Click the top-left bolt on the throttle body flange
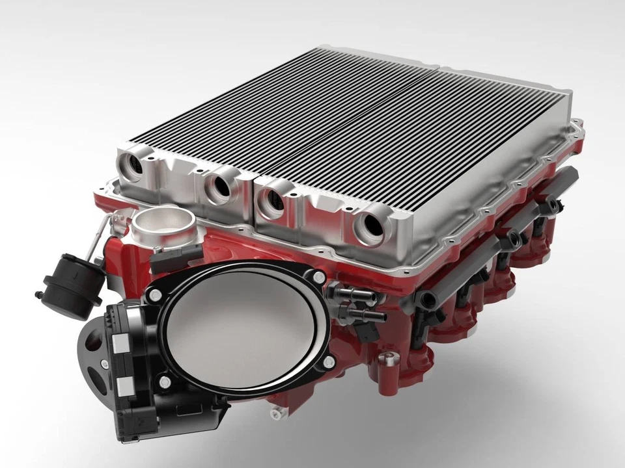coord(154,296)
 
